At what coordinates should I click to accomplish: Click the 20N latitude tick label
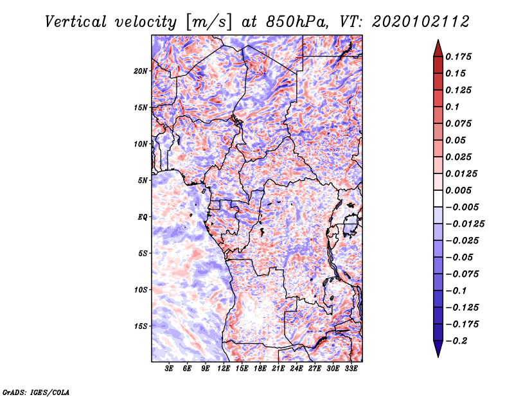[141, 71]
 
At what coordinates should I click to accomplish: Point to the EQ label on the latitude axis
[143, 216]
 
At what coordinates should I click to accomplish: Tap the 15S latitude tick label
[141, 326]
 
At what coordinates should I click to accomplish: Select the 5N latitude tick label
[143, 180]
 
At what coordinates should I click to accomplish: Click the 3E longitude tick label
[170, 369]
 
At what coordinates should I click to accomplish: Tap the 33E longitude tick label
[351, 369]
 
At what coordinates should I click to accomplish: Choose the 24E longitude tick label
[296, 369]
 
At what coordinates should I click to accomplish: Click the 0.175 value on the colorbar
[459, 57]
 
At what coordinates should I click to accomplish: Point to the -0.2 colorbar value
[459, 340]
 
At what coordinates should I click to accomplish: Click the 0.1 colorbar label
[454, 107]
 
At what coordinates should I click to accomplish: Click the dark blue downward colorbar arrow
[438, 349]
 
